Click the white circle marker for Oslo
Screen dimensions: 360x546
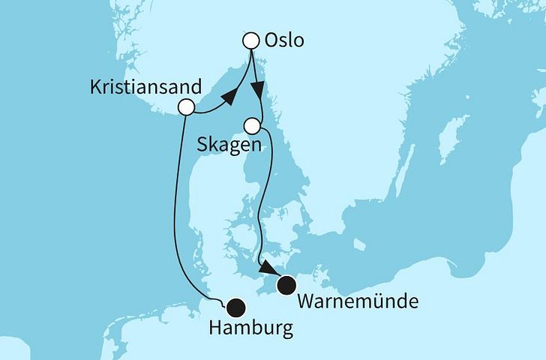click(x=252, y=40)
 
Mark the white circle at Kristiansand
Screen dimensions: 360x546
click(x=187, y=107)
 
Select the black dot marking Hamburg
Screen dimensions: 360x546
click(x=236, y=306)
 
